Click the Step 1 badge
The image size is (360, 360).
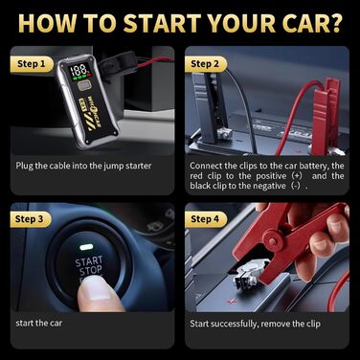[32, 64]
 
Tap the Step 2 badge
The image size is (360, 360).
[205, 64]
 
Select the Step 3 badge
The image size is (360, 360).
[31, 219]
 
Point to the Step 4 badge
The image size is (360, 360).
[205, 219]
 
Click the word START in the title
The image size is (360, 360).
[162, 23]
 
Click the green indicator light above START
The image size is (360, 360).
[86, 247]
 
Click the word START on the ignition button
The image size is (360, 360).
[89, 261]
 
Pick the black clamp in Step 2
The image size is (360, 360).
[210, 107]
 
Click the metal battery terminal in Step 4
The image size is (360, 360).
[249, 273]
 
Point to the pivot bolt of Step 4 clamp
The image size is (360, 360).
[273, 242]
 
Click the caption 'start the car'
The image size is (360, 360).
[39, 323]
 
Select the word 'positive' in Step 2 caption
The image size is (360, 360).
[271, 176]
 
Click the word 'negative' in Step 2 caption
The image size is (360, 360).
[269, 186]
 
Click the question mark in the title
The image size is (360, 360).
[334, 23]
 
